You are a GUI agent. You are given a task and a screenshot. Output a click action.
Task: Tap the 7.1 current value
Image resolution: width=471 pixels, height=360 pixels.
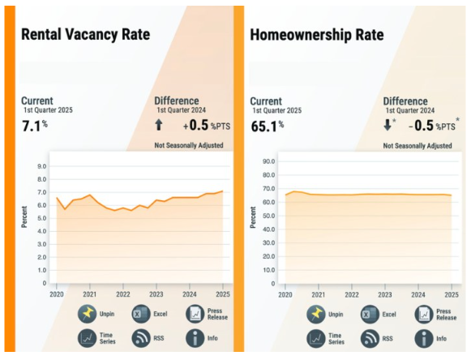pyautogui.click(x=32, y=125)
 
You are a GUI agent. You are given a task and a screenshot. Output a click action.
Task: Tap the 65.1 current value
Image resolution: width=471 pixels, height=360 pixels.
pyautogui.click(x=265, y=125)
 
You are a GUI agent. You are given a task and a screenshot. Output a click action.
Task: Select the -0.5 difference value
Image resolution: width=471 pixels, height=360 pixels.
pyautogui.click(x=419, y=125)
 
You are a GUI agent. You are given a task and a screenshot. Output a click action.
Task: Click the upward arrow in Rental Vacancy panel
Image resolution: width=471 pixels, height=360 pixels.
pyautogui.click(x=159, y=125)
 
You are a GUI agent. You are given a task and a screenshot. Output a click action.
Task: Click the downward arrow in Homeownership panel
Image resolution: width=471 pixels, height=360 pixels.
pyautogui.click(x=388, y=125)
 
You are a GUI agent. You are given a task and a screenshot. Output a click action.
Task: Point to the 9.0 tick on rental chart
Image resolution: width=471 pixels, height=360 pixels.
pyautogui.click(x=41, y=166)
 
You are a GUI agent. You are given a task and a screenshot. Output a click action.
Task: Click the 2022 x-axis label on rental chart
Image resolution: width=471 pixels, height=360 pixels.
pyautogui.click(x=123, y=294)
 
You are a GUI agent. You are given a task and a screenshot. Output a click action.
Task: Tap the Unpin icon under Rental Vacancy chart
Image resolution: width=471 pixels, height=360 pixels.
pyautogui.click(x=88, y=314)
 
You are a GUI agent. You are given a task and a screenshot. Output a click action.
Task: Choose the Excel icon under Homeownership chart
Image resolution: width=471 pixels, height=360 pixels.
pyautogui.click(x=370, y=314)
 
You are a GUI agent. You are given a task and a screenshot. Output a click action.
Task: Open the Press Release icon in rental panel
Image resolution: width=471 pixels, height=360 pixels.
pyautogui.click(x=195, y=314)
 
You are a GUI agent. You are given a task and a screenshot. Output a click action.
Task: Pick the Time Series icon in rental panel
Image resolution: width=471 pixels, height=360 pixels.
pyautogui.click(x=88, y=338)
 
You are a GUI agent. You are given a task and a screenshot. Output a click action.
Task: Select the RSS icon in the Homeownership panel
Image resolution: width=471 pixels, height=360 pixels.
pyautogui.click(x=370, y=338)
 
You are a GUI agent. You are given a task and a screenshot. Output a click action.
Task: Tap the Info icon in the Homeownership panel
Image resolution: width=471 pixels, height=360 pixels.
pyautogui.click(x=424, y=338)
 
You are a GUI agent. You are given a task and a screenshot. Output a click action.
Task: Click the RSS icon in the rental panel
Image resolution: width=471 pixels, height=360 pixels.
pyautogui.click(x=140, y=338)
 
